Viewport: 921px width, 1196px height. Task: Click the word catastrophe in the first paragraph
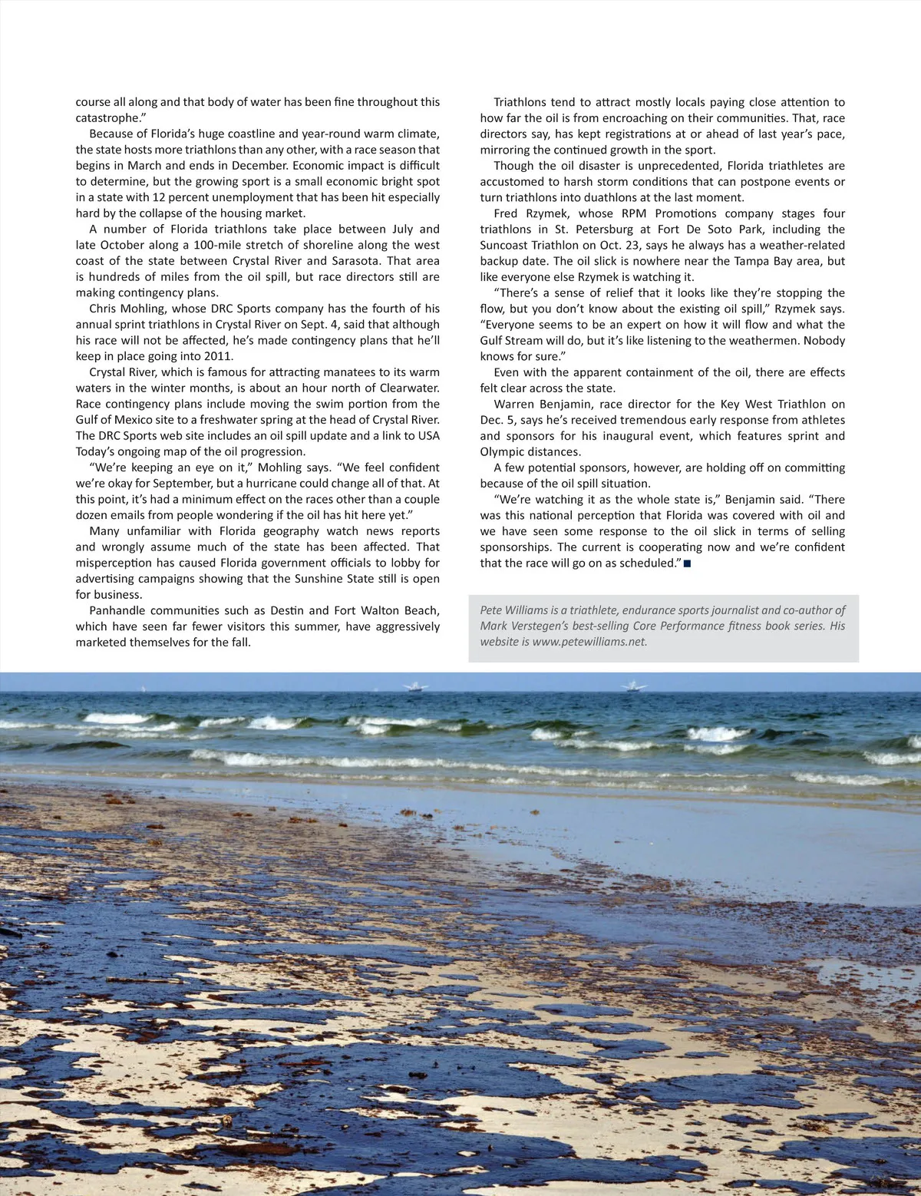(107, 117)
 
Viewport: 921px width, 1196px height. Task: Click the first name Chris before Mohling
(103, 309)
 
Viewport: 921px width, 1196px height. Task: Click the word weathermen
(781, 340)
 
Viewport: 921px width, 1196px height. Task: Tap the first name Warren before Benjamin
(514, 404)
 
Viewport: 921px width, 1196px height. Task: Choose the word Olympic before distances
(503, 451)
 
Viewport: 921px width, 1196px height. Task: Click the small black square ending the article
(687, 563)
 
